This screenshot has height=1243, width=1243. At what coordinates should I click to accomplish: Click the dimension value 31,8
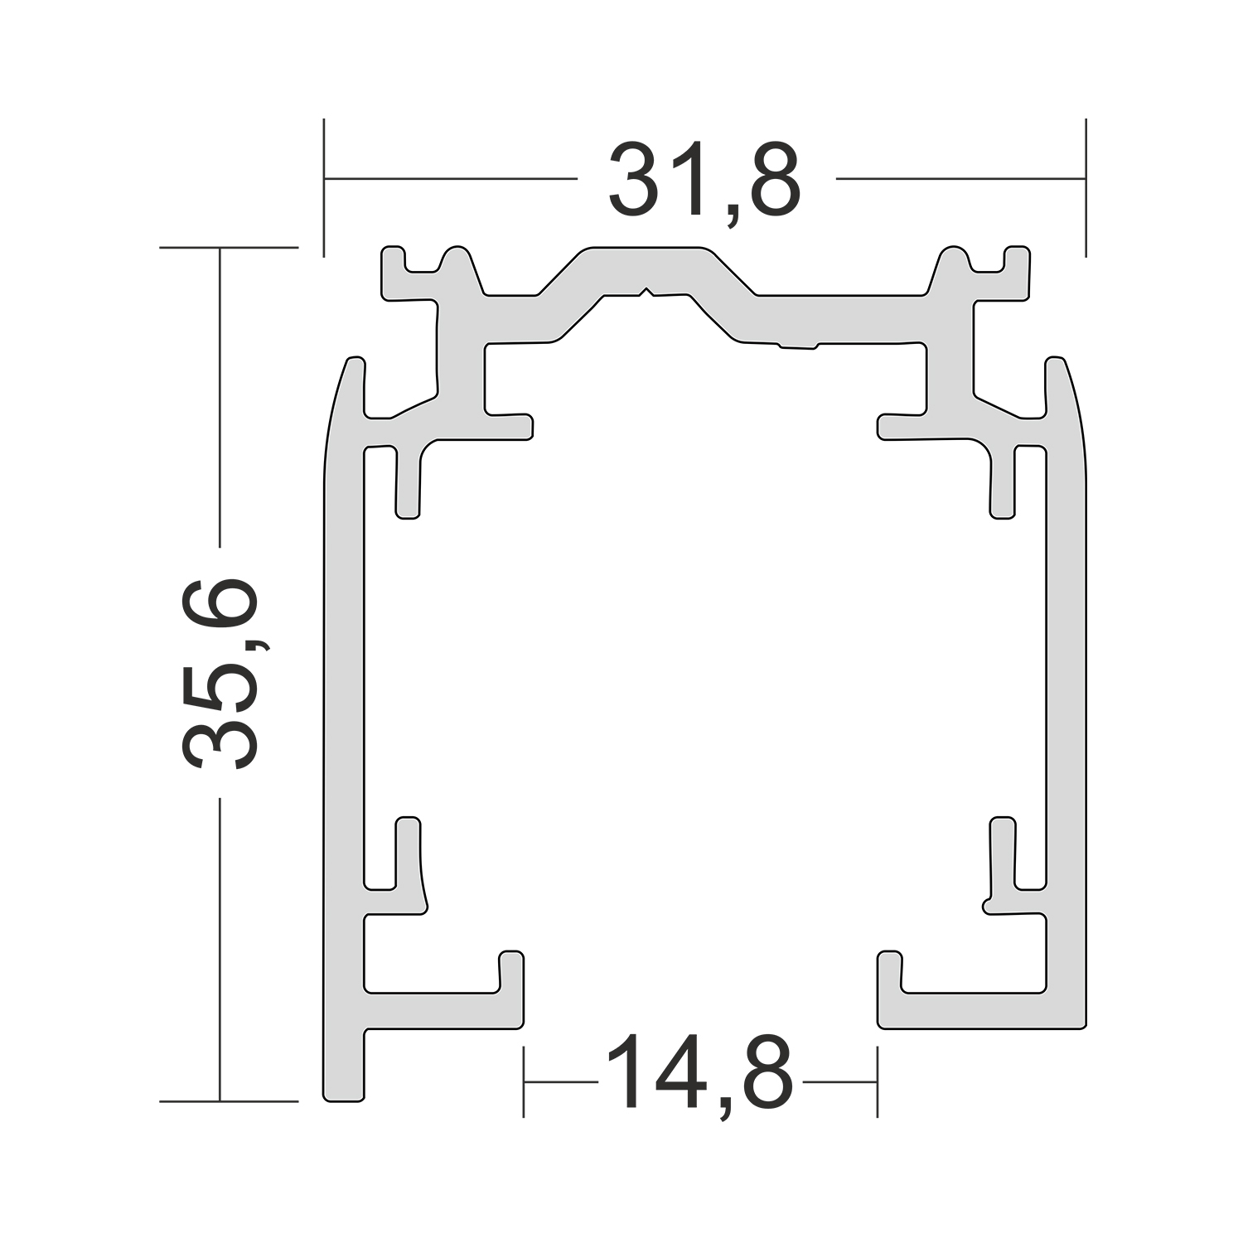(x=704, y=181)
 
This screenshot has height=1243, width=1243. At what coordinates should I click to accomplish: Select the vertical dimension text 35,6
(x=220, y=673)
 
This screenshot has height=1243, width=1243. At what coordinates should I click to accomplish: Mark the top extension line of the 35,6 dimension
(x=228, y=247)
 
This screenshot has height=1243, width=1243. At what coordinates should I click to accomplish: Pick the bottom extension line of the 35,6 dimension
(x=228, y=1101)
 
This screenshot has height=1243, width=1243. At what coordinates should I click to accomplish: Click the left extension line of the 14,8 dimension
(x=524, y=1081)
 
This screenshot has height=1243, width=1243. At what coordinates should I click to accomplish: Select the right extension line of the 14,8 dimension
(x=878, y=1081)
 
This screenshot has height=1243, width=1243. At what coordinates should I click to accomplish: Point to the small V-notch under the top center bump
(x=647, y=292)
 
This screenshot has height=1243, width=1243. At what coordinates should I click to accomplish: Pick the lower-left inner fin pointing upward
(x=408, y=854)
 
